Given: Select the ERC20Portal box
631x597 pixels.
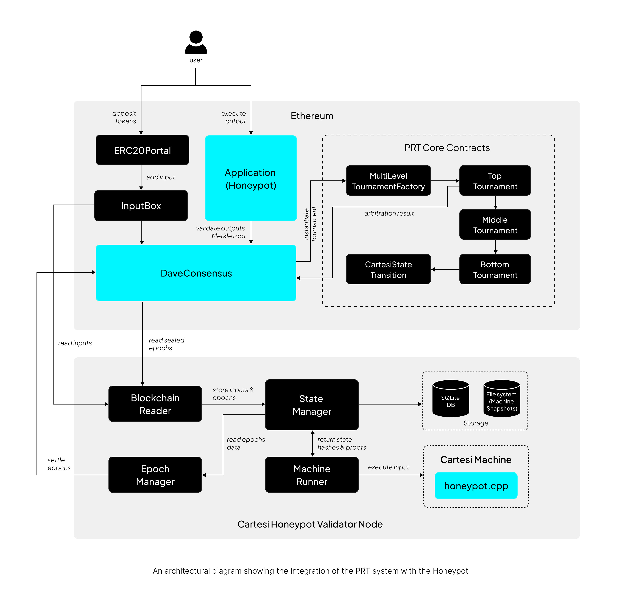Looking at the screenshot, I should (x=142, y=150).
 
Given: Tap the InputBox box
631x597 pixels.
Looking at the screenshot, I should (x=141, y=206).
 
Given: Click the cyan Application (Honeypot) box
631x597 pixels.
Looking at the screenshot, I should (x=251, y=178).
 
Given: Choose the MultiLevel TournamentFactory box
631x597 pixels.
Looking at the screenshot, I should (x=388, y=181).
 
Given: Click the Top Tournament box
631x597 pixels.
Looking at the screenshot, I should (x=495, y=181).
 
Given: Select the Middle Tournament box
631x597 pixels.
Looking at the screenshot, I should (x=495, y=225).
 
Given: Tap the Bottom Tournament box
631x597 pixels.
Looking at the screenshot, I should (x=495, y=269).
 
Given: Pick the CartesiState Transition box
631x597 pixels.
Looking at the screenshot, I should (x=388, y=269).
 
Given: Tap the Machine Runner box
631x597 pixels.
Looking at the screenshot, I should (x=312, y=475).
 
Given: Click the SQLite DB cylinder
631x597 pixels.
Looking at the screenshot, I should (x=451, y=399).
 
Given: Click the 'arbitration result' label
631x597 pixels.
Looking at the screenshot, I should (x=389, y=213).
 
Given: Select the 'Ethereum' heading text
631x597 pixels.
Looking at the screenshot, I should (x=312, y=116).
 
